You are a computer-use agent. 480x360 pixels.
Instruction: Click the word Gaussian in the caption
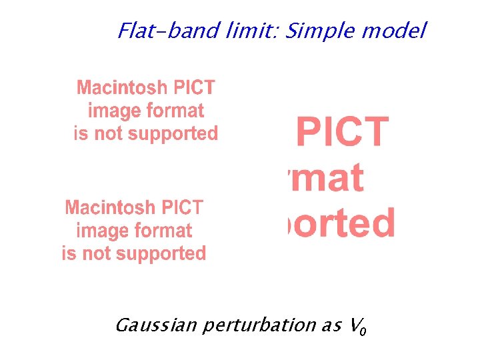point(155,325)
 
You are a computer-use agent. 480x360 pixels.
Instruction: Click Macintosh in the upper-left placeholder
point(122,87)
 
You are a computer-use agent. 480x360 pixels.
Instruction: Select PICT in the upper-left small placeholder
point(194,87)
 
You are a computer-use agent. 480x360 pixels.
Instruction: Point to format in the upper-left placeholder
point(173,111)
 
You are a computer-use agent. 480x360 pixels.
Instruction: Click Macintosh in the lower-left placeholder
point(110,207)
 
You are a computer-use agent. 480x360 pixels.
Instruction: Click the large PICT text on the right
point(342,131)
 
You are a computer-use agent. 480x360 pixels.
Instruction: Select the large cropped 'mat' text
point(325,177)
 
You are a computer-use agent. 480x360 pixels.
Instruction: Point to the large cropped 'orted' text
point(341,223)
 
